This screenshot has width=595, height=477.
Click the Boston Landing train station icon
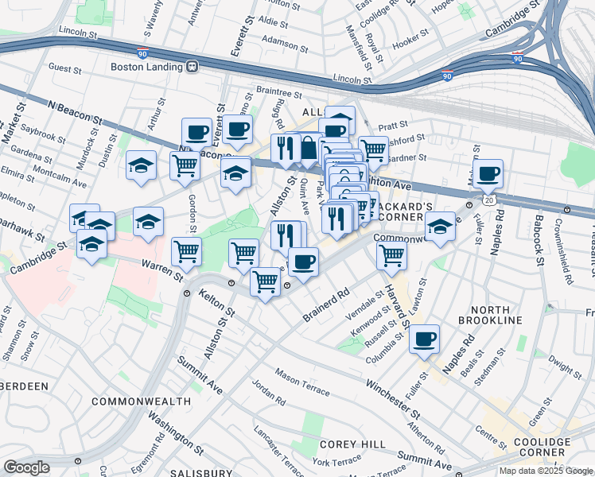pos(192,68)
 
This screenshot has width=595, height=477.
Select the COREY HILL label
pos(353,444)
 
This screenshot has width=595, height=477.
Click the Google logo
pos(26,467)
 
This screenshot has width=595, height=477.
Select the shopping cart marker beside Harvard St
pos(391,255)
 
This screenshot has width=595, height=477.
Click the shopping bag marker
pos(308,148)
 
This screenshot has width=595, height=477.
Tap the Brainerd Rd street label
pos(326,303)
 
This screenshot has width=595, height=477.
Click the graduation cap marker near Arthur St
pos(141,165)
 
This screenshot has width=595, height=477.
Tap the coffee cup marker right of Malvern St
pos(488,173)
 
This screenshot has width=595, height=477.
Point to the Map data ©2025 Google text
pos(545,471)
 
